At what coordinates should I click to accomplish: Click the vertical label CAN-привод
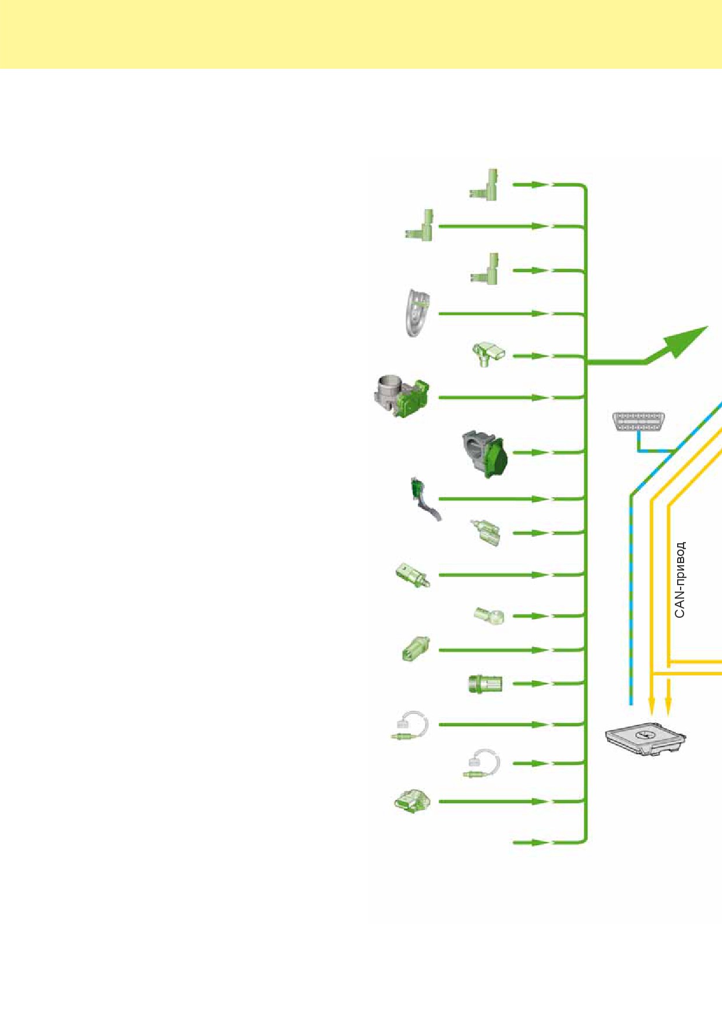point(679,580)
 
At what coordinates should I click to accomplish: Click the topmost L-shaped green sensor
point(485,185)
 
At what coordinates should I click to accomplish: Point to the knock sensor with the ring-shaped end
point(489,616)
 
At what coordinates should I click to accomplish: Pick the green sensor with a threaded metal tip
point(413,575)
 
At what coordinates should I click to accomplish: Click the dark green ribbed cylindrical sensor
point(485,684)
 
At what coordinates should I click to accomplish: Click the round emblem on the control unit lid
point(644,734)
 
